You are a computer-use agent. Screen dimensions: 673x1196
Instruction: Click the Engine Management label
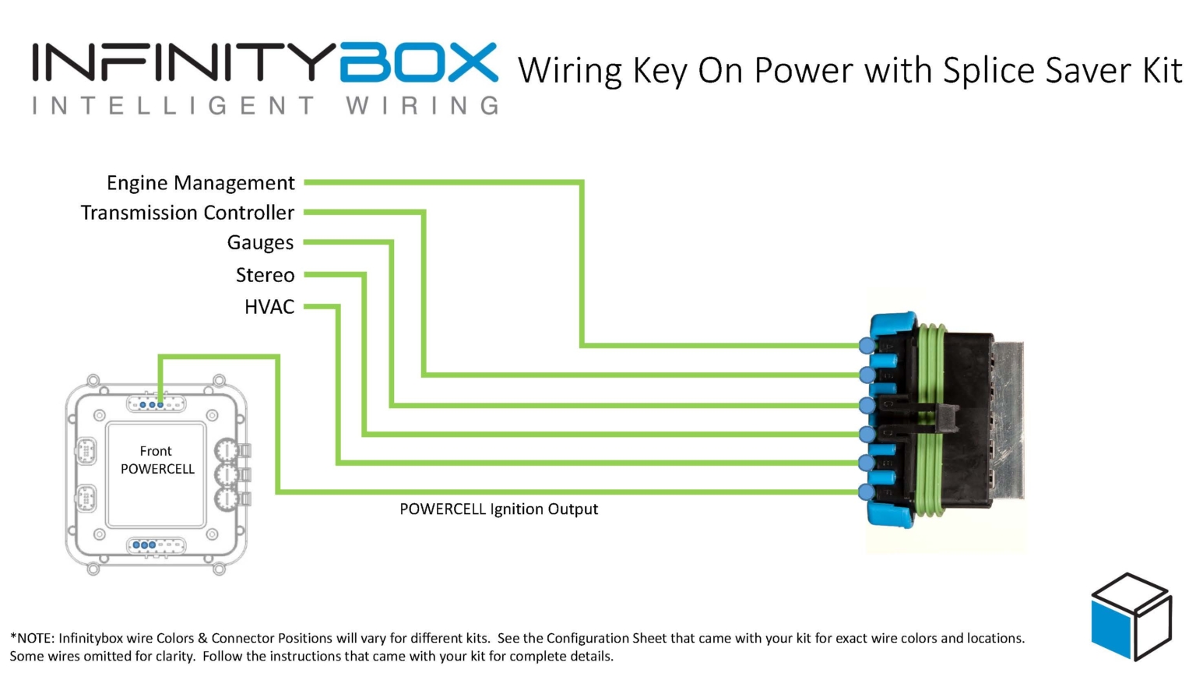(201, 183)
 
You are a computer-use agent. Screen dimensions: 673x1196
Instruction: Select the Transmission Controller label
(188, 213)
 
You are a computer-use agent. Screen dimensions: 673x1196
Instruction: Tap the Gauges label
(260, 243)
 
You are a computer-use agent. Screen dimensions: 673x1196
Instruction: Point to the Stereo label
(265, 275)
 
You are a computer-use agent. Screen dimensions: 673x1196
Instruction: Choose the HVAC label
(269, 307)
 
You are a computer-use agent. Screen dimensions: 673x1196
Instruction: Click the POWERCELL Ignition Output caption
(498, 509)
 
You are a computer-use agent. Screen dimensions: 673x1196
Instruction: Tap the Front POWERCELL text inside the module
(157, 460)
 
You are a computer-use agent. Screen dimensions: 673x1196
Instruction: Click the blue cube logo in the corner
(1131, 616)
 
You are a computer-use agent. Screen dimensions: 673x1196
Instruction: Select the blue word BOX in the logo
(418, 63)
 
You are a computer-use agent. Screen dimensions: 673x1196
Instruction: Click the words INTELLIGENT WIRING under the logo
(265, 106)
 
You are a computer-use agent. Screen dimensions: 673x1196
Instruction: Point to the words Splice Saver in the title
(1031, 71)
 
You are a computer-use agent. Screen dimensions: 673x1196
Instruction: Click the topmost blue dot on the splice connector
(867, 345)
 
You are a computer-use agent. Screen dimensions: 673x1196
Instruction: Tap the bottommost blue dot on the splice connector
(867, 492)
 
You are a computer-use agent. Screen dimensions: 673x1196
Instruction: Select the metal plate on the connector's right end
(1008, 421)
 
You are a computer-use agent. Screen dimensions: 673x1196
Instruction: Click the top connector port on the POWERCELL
(156, 404)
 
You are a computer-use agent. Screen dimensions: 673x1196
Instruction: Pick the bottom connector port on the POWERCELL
(156, 545)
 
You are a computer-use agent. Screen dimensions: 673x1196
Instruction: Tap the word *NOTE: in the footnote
(32, 639)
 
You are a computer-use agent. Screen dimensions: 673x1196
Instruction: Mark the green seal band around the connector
(930, 421)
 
